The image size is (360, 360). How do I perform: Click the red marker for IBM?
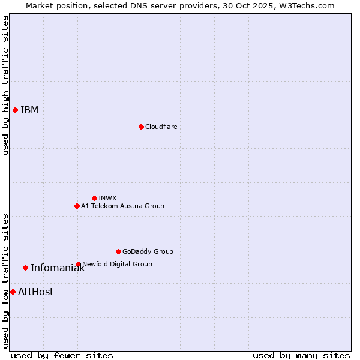[x=15, y=110]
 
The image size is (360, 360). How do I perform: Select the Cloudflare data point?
[x=141, y=127]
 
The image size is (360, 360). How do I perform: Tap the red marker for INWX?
[x=94, y=198]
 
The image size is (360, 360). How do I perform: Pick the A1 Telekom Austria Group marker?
[x=77, y=206]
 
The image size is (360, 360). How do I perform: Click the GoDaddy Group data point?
[x=118, y=251]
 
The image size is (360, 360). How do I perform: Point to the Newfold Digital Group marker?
[x=78, y=264]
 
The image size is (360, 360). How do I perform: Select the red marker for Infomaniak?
[x=25, y=268]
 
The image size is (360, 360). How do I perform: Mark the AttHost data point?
[x=13, y=292]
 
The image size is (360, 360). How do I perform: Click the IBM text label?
[x=29, y=110]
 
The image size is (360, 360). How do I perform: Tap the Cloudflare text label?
[x=161, y=127]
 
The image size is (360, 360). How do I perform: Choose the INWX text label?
[x=107, y=198]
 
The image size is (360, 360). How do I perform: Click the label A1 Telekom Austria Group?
[x=122, y=206]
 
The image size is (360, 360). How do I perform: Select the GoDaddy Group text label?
[x=148, y=251]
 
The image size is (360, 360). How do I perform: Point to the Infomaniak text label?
[x=58, y=268]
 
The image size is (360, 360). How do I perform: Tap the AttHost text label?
[x=35, y=292]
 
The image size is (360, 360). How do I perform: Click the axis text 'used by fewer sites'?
[x=62, y=355]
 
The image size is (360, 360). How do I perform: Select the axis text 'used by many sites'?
[x=301, y=355]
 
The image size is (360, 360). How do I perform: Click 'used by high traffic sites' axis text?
[x=5, y=85]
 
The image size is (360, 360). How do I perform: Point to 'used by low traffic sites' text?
[x=5, y=281]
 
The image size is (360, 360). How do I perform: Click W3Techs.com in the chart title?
[x=305, y=5]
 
